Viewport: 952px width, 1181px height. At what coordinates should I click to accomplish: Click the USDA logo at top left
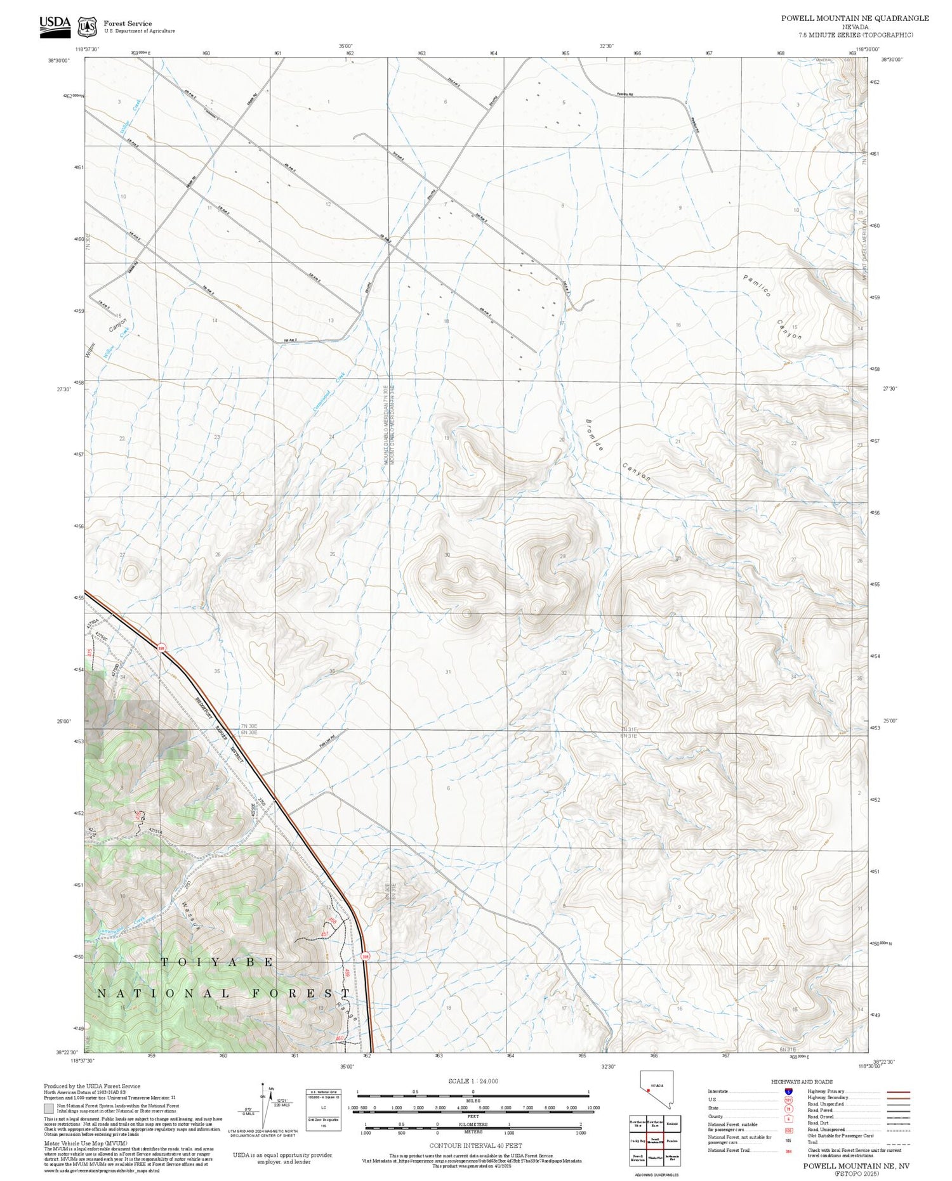pos(55,26)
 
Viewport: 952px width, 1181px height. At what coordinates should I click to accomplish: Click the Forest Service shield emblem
pos(87,27)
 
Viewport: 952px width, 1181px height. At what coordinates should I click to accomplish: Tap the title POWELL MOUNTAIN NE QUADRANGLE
pos(854,18)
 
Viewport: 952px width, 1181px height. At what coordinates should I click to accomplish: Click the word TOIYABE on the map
pos(217,962)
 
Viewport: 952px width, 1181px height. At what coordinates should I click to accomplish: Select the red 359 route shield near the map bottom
pos(365,956)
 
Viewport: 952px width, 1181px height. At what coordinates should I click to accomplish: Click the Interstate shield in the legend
pos(788,1092)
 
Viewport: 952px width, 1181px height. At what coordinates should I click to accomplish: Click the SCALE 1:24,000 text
pos(473,1081)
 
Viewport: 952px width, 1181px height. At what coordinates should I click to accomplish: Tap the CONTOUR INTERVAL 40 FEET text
pos(475,1145)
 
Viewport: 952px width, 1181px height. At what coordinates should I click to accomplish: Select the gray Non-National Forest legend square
pos(49,1109)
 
